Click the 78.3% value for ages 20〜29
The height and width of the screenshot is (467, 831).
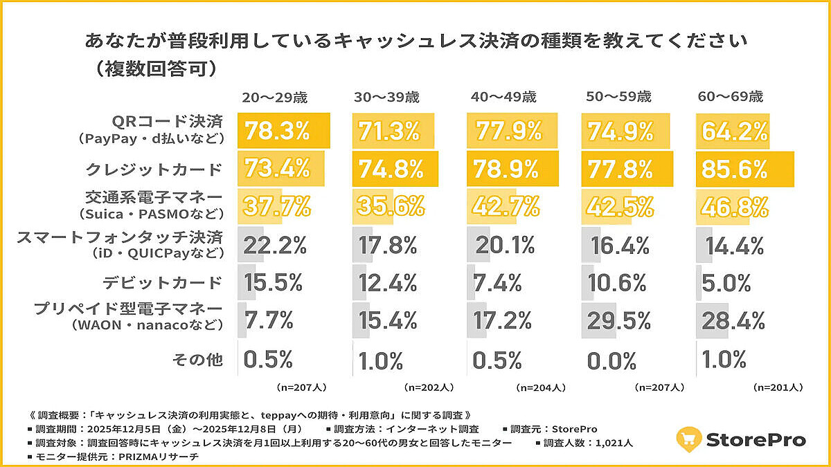point(276,131)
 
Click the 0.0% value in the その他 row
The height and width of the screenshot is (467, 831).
point(611,360)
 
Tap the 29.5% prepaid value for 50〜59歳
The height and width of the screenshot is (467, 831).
point(619,320)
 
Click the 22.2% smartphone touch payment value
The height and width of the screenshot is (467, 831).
point(275,244)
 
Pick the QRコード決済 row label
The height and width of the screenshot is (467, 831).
point(171,122)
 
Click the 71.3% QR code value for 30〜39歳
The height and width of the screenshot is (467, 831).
point(389,131)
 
